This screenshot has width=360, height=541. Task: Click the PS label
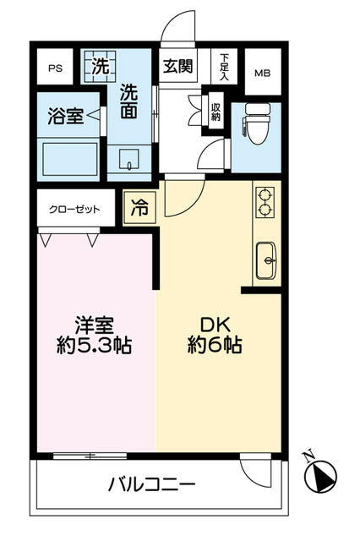click(x=55, y=68)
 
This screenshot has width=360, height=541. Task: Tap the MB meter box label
click(x=263, y=74)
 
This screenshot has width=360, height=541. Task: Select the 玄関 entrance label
click(x=178, y=66)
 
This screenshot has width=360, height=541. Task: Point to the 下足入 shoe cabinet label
click(x=225, y=67)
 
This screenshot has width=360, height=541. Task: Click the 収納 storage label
click(x=215, y=112)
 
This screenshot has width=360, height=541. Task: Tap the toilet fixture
click(x=257, y=123)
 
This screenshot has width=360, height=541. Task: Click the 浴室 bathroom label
click(x=66, y=116)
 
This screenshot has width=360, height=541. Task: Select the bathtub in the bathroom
click(x=70, y=160)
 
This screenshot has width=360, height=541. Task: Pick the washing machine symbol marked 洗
click(x=100, y=66)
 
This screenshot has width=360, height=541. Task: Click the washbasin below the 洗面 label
click(x=129, y=160)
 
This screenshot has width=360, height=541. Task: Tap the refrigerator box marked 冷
click(x=139, y=208)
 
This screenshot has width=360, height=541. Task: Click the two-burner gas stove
click(x=265, y=203)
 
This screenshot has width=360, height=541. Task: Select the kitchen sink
click(x=266, y=260)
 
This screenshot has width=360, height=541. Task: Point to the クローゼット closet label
click(x=74, y=210)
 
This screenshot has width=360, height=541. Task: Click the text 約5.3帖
click(x=94, y=346)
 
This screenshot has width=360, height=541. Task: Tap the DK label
click(x=215, y=325)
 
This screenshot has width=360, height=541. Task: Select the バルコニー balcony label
click(x=152, y=484)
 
